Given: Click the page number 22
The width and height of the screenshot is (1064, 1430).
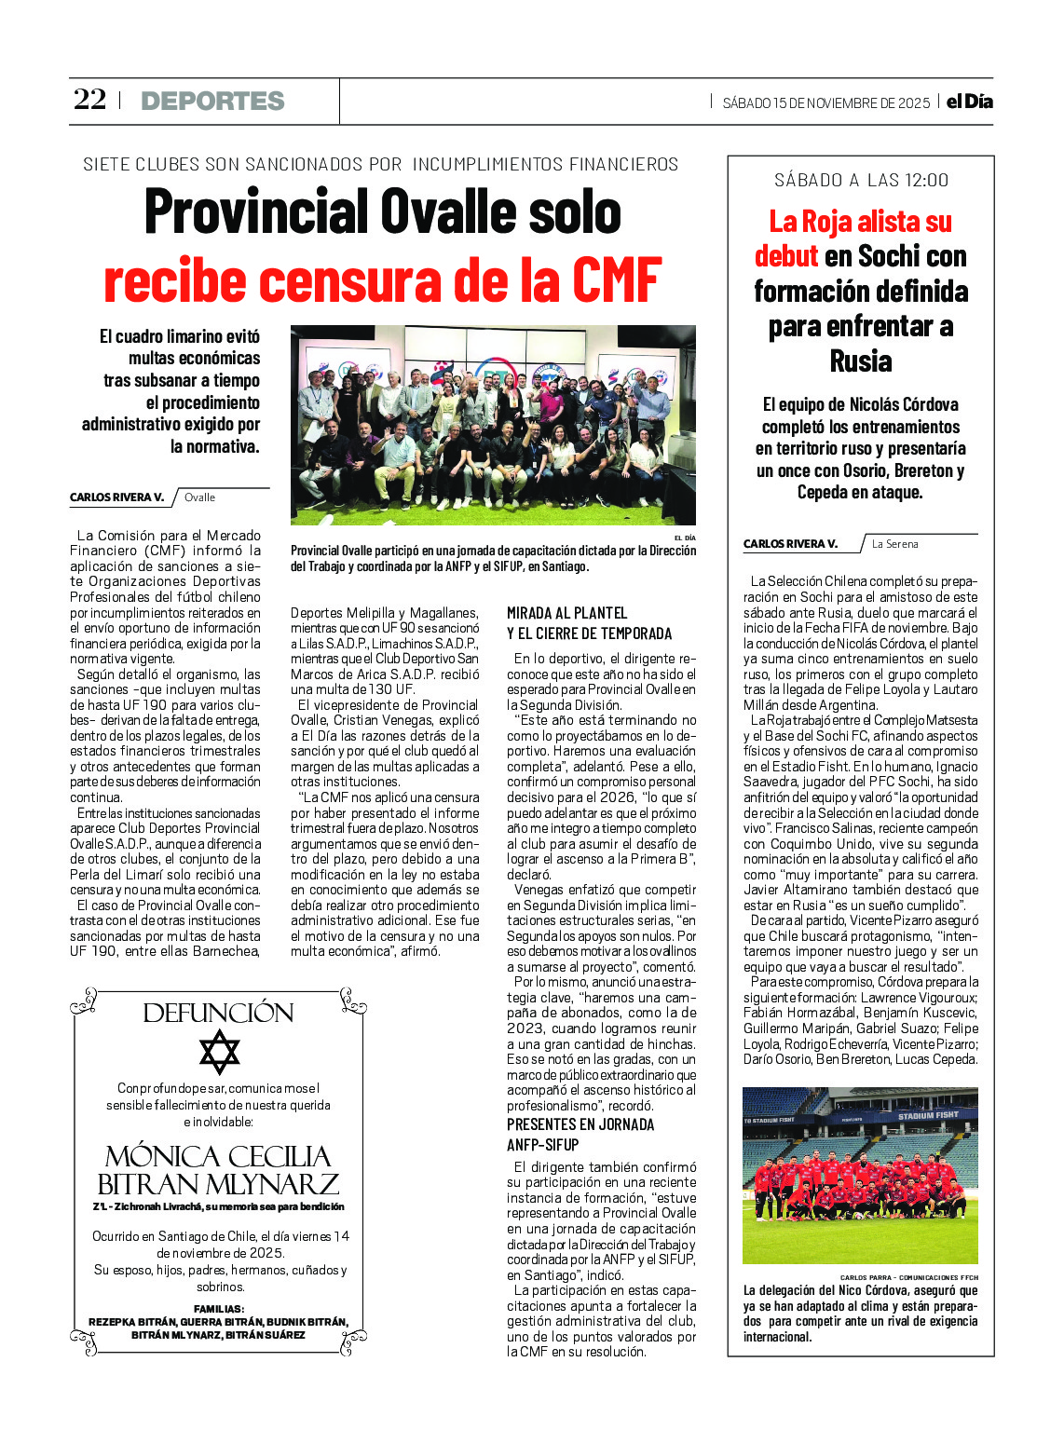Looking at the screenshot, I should (89, 100).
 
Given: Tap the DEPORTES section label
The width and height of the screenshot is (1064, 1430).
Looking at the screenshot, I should (212, 101).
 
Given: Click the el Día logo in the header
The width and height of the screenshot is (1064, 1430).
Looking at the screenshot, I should (969, 102).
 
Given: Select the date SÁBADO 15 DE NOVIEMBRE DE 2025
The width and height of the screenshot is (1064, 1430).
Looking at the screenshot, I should (825, 103).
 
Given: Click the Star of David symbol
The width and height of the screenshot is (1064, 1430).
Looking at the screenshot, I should (219, 1052).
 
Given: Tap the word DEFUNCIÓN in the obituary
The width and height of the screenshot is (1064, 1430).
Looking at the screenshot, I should (218, 1013).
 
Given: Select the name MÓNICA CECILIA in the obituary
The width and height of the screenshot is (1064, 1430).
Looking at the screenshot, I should (218, 1156).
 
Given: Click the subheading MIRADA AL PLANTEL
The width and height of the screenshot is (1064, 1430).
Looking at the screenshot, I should (566, 613).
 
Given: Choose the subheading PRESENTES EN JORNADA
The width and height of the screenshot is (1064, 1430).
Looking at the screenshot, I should (580, 1124).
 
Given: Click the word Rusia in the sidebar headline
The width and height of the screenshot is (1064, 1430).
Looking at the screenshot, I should (860, 361).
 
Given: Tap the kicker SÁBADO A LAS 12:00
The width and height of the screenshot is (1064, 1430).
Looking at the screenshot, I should (861, 181).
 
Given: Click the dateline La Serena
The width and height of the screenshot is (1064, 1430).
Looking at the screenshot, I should (894, 544).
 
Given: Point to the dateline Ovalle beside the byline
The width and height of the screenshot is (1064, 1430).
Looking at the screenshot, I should (199, 497).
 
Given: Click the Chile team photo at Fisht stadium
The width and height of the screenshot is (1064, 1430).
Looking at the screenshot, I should (860, 1175).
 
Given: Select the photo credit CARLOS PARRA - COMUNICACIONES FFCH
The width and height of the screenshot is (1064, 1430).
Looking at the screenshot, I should (908, 1277).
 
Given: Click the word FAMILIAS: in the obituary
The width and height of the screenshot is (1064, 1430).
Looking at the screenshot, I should (219, 1309).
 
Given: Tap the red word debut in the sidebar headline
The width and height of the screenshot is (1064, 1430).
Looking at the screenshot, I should (785, 256).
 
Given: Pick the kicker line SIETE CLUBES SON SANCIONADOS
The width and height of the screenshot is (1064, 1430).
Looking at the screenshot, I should (242, 165).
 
